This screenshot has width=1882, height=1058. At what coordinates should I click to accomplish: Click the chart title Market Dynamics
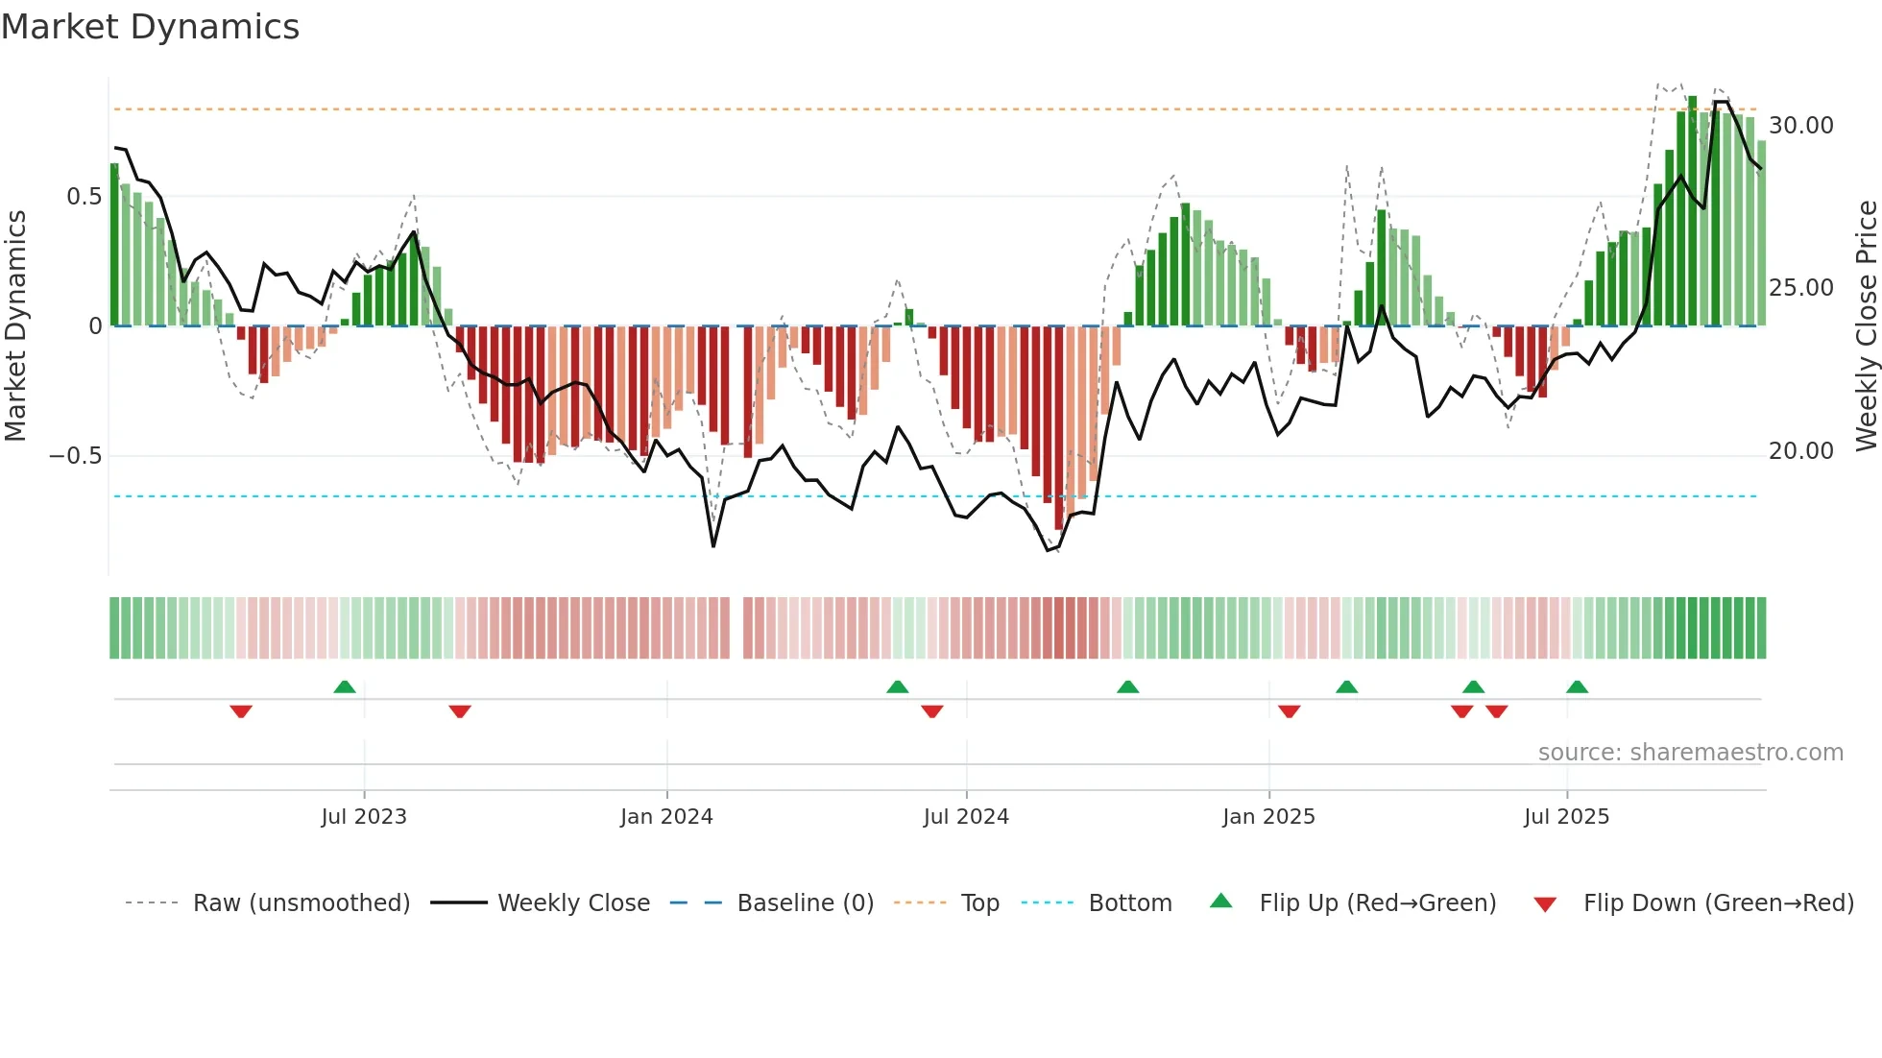click(150, 27)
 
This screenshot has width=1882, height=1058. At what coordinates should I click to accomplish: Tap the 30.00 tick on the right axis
click(1800, 126)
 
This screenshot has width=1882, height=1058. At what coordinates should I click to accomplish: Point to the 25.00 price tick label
click(1800, 288)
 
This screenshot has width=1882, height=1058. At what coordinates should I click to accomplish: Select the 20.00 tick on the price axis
click(1800, 451)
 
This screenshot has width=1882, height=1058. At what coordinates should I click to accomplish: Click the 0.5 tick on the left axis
click(84, 197)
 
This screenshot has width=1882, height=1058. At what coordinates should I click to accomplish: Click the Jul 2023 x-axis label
click(364, 817)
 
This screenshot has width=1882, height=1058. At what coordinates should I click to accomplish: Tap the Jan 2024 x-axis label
click(666, 817)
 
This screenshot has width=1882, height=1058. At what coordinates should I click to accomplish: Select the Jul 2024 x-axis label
click(966, 817)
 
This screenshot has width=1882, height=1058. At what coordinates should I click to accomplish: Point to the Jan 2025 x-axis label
click(1268, 817)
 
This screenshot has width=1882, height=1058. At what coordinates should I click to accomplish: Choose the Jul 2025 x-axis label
click(1566, 817)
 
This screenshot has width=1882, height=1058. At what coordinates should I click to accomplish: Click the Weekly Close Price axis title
click(1866, 326)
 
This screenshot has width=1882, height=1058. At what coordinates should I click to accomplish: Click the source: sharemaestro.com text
click(1690, 753)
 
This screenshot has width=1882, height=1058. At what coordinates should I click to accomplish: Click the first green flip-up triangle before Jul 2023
click(345, 686)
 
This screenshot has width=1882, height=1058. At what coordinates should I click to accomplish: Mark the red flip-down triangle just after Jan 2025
click(1290, 711)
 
